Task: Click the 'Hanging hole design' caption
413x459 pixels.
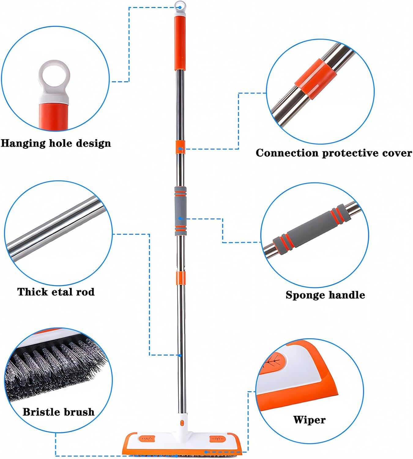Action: coord(56,143)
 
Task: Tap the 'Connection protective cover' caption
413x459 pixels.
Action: coord(334,153)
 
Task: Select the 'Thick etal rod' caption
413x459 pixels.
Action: coord(56,292)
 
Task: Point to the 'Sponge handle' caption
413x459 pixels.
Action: coord(325,295)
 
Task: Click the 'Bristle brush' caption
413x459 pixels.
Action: coord(58,412)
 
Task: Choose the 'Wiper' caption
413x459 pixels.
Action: coord(309,420)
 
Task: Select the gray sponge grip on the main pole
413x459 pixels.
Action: coord(180,211)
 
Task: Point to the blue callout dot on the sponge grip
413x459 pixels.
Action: coord(180,218)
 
